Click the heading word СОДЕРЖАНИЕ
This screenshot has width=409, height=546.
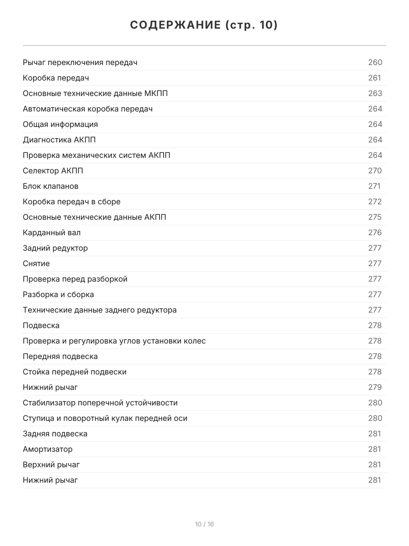[175, 25]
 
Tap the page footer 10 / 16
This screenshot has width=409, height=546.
[204, 524]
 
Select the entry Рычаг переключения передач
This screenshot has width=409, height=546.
[80, 62]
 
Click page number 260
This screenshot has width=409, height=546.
[375, 62]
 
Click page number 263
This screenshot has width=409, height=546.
[375, 93]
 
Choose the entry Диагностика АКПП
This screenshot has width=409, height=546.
[59, 140]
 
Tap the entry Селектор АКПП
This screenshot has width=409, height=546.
[53, 171]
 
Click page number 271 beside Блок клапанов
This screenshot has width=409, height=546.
[374, 186]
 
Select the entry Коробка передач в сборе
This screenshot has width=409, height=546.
[72, 202]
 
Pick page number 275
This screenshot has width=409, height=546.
[375, 217]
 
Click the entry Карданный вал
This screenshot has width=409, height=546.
[52, 233]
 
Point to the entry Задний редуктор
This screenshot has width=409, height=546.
[55, 248]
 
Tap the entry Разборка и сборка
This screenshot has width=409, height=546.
[58, 294]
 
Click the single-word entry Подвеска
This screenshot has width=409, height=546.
[41, 325]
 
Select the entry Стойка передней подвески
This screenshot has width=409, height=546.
[75, 372]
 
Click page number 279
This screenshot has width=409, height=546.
[375, 387]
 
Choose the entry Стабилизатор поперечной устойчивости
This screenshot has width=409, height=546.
[100, 403]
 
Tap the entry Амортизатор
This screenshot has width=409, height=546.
[48, 449]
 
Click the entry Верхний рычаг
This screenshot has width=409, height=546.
[51, 465]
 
